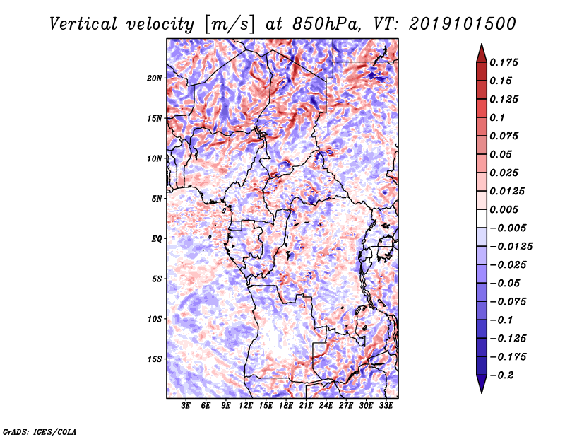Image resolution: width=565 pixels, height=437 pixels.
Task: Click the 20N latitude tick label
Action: pos(155,78)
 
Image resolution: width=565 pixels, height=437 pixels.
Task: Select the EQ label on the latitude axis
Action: pos(157,239)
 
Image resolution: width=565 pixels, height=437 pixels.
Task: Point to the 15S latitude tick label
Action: pos(155,359)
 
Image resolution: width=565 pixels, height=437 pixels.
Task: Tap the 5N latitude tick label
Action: pos(157,199)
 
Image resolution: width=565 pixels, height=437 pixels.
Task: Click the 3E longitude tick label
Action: pos(186,407)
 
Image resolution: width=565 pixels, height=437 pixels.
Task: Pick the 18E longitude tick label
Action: pos(285,407)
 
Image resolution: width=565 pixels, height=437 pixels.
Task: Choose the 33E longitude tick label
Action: pos(386,407)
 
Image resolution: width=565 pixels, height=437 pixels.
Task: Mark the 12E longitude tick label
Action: pos(246,407)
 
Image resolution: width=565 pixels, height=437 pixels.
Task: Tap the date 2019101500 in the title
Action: pos(456,24)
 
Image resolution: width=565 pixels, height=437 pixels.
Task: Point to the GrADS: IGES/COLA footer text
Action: pos(39,430)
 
